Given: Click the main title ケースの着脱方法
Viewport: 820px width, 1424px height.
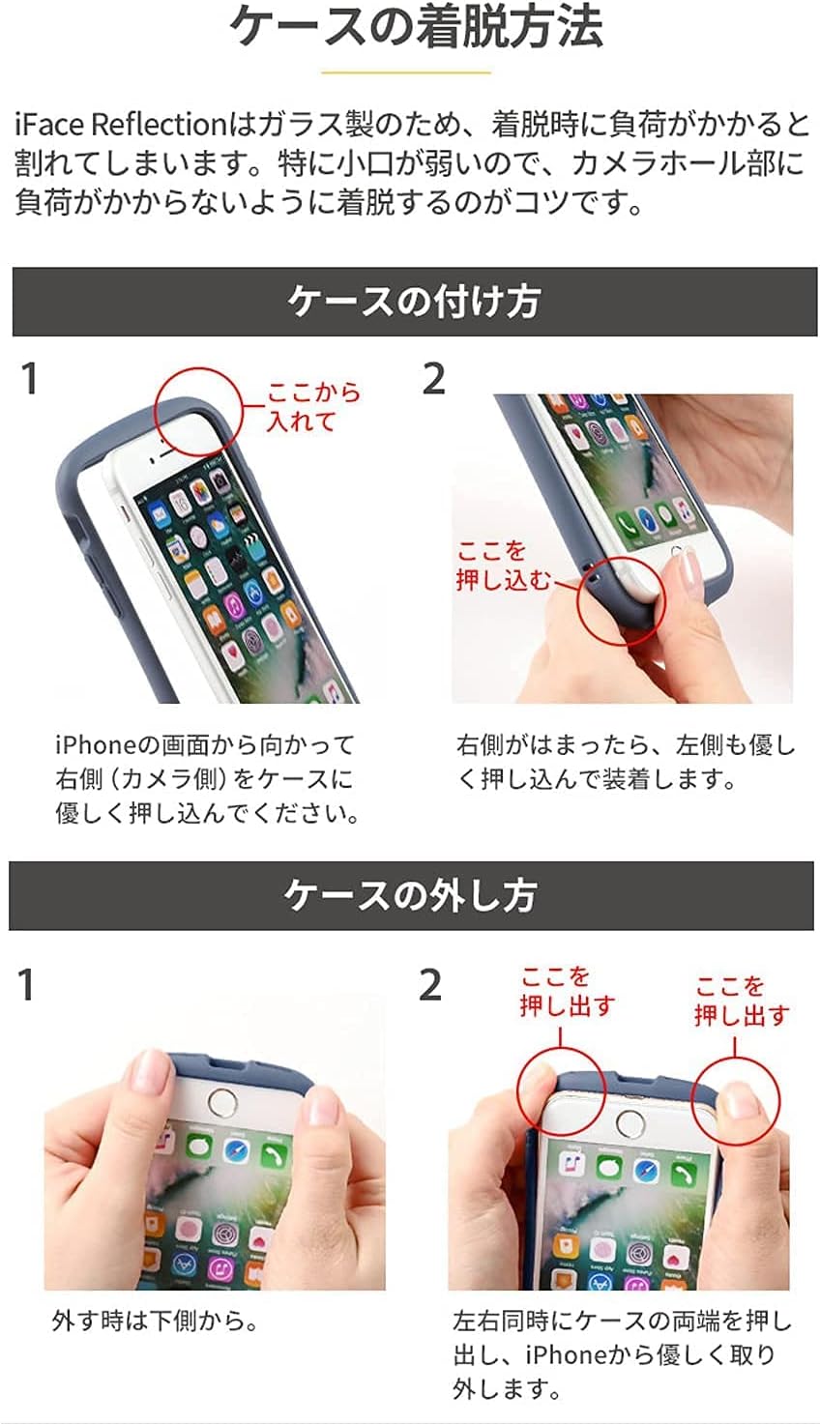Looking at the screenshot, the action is pyautogui.click(x=416, y=26).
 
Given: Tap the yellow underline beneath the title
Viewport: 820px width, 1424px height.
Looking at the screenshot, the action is pyautogui.click(x=406, y=73).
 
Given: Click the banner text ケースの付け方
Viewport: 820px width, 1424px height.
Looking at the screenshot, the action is pyautogui.click(x=414, y=302).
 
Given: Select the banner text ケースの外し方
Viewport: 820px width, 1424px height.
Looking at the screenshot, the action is pyautogui.click(x=411, y=895).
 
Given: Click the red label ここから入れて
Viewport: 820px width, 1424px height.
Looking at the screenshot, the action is pyautogui.click(x=312, y=407).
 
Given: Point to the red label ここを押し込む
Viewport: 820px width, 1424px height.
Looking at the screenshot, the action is pyautogui.click(x=502, y=566).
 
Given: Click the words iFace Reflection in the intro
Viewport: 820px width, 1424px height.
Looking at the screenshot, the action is pyautogui.click(x=120, y=124).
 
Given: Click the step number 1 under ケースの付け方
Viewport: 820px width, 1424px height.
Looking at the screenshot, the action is pyautogui.click(x=29, y=379).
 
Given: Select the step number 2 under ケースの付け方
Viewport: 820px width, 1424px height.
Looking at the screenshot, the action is pyautogui.click(x=433, y=379).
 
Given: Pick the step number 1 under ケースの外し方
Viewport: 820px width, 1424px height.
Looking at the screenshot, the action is pyautogui.click(x=25, y=985).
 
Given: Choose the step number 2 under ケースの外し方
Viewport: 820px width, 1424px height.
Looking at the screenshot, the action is pyautogui.click(x=429, y=985).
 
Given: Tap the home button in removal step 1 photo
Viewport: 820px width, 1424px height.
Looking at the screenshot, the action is pyautogui.click(x=220, y=1104).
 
